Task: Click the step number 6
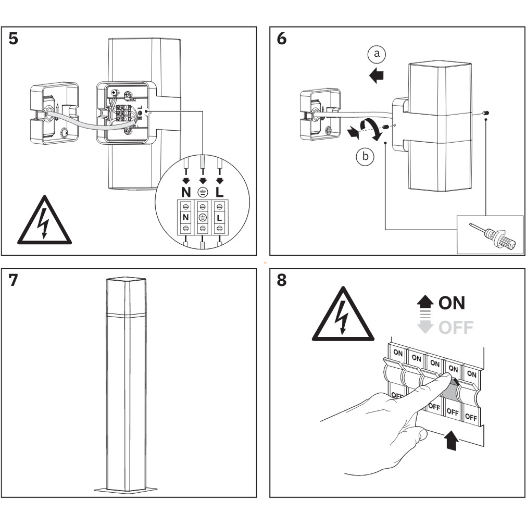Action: [x=282, y=39]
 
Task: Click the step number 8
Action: [x=282, y=281]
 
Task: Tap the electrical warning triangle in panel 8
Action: [x=343, y=317]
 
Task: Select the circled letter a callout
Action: [x=377, y=54]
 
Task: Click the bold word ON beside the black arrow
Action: [x=452, y=303]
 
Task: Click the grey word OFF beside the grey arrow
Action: [x=456, y=328]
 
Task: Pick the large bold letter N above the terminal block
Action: [x=186, y=192]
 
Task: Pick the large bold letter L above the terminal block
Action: [x=220, y=192]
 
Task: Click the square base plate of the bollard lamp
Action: [x=125, y=489]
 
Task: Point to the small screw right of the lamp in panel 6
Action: [x=485, y=112]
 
